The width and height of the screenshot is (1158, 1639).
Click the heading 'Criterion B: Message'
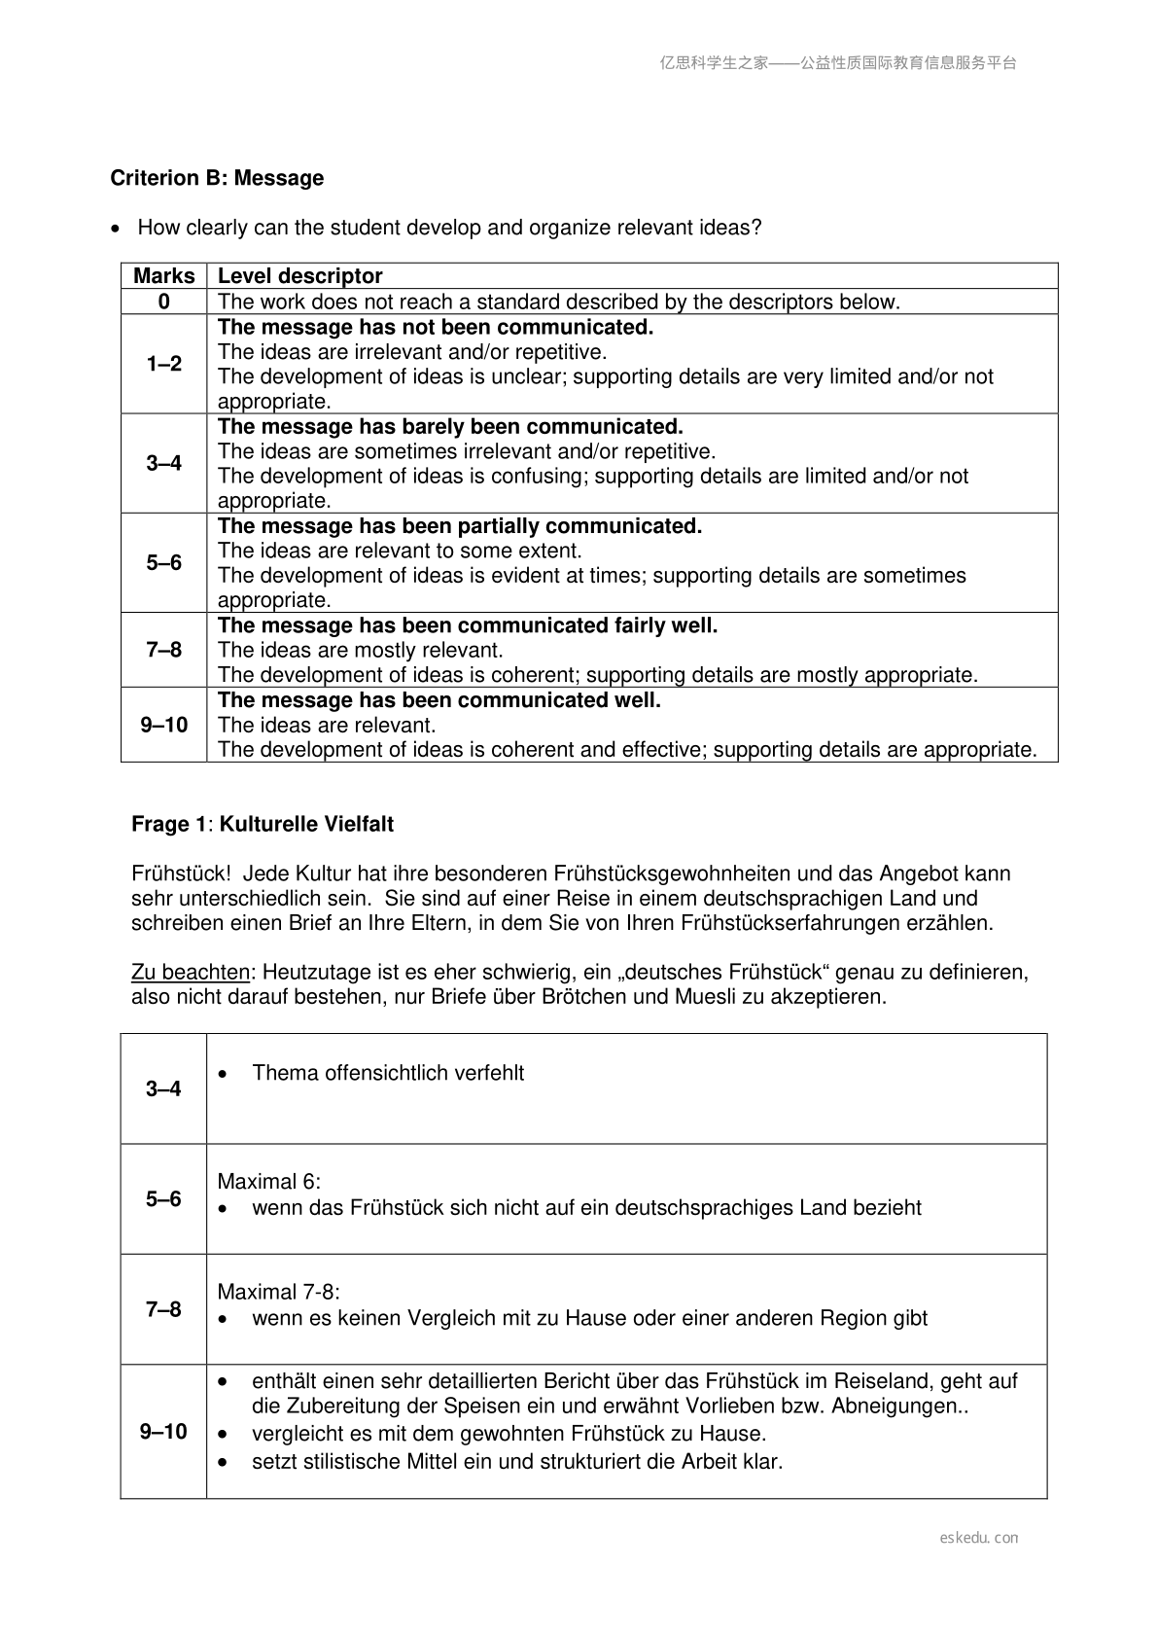pyautogui.click(x=217, y=178)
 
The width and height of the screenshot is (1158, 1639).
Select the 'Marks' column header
pyautogui.click(x=163, y=276)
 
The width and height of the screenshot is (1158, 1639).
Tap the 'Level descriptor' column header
pyautogui.click(x=299, y=276)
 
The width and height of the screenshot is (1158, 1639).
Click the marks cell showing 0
pyautogui.click(x=163, y=302)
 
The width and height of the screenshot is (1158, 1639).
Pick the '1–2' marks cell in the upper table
pyautogui.click(x=163, y=364)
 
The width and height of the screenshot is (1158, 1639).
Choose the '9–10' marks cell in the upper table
pyautogui.click(x=163, y=725)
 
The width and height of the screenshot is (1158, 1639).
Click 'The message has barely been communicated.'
pyautogui.click(x=450, y=427)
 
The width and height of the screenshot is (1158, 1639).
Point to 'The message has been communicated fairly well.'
pyautogui.click(x=468, y=625)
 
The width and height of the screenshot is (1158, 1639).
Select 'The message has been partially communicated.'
pyautogui.click(x=460, y=526)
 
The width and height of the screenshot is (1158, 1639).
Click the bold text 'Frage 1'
pyautogui.click(x=168, y=825)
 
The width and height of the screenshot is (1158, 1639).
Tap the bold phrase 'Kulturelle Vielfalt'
pyautogui.click(x=306, y=825)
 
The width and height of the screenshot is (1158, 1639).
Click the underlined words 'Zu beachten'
pyautogui.click(x=191, y=972)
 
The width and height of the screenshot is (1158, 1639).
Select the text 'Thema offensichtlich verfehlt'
pyautogui.click(x=388, y=1073)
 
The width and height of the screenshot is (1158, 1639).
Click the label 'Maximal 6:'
pyautogui.click(x=268, y=1182)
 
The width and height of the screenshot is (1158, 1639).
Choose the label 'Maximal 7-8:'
pyautogui.click(x=278, y=1292)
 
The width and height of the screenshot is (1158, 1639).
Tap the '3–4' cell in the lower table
pyautogui.click(x=163, y=1088)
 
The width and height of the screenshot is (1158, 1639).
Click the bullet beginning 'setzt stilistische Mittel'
pyautogui.click(x=516, y=1461)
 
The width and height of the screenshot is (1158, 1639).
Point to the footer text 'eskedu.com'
pyautogui.click(x=979, y=1538)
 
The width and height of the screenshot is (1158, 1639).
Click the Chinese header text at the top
pyautogui.click(x=838, y=63)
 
